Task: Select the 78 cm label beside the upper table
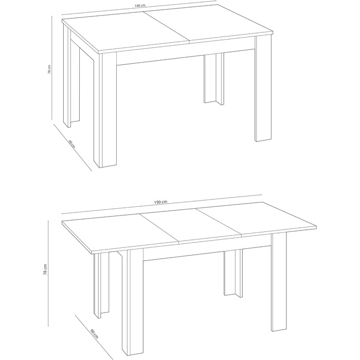tap(49, 69)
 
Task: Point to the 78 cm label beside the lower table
tap(45, 269)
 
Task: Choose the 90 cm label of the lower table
tap(94, 334)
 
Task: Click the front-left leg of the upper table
tap(105, 110)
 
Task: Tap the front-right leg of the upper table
tap(263, 88)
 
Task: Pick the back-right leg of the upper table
tap(214, 79)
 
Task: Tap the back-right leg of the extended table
tap(233, 273)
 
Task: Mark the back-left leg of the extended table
tap(101, 285)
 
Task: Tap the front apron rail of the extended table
tap(207, 253)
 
